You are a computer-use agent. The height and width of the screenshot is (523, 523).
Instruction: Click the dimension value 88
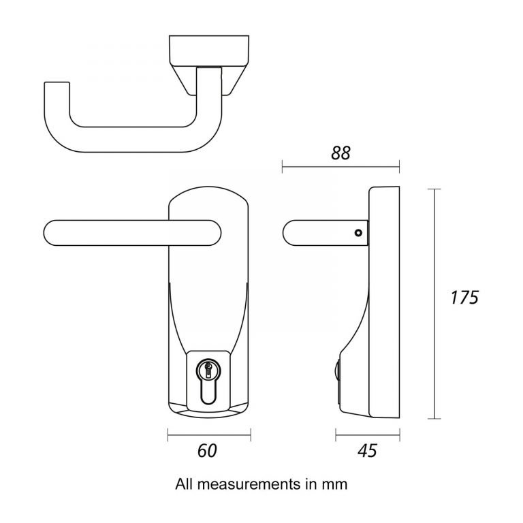pyautogui.click(x=340, y=153)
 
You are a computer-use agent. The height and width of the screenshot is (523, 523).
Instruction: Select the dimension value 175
pyautogui.click(x=466, y=298)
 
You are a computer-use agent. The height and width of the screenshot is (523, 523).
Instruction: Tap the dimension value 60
pyautogui.click(x=208, y=450)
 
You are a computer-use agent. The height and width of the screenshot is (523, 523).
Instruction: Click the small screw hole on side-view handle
pyautogui.click(x=358, y=233)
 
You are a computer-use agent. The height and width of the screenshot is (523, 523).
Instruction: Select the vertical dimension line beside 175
pyautogui.click(x=436, y=304)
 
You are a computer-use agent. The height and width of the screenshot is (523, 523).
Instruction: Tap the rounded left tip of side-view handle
pyautogui.click(x=287, y=232)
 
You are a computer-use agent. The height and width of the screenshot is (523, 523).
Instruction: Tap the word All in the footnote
pyautogui.click(x=184, y=484)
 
